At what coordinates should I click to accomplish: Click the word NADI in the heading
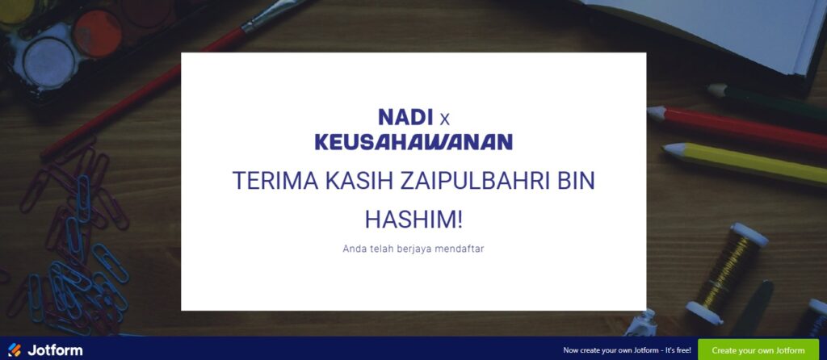405,117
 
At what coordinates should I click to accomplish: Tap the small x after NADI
445,120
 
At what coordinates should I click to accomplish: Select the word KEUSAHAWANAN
413,142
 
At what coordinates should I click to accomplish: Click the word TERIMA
275,181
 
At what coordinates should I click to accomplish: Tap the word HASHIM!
413,219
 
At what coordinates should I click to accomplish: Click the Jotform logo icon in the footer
15,350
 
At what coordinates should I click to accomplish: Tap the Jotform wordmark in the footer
55,350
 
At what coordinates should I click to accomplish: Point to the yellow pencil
745,163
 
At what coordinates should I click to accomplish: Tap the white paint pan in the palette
49,61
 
